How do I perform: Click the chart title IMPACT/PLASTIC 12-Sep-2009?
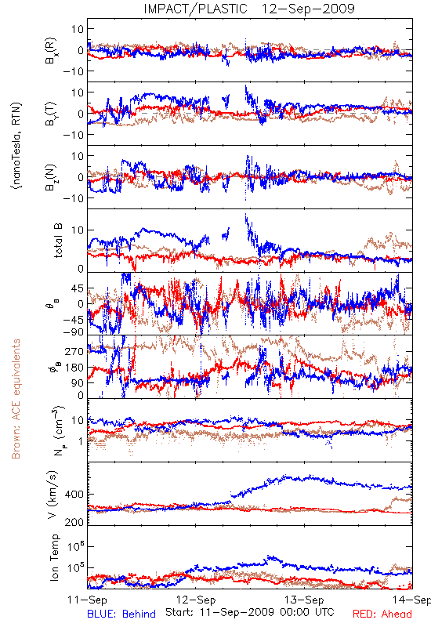(249, 9)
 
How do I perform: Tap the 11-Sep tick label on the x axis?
(87, 600)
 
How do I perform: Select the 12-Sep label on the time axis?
(196, 600)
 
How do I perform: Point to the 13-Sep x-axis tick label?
(304, 600)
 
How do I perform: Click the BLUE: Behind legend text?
(121, 614)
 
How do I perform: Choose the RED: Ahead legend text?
(382, 614)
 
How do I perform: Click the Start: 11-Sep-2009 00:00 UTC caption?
(250, 612)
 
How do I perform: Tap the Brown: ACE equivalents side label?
(16, 399)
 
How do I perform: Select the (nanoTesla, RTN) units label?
(16, 145)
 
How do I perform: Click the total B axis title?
(58, 241)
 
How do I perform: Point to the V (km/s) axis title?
(53, 495)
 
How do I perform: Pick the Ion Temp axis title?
(54, 557)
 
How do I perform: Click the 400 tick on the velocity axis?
(74, 495)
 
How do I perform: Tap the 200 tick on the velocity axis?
(74, 522)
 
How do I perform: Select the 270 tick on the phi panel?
(74, 351)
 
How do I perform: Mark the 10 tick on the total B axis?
(78, 230)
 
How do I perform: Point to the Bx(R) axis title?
(51, 51)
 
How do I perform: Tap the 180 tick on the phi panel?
(74, 368)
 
